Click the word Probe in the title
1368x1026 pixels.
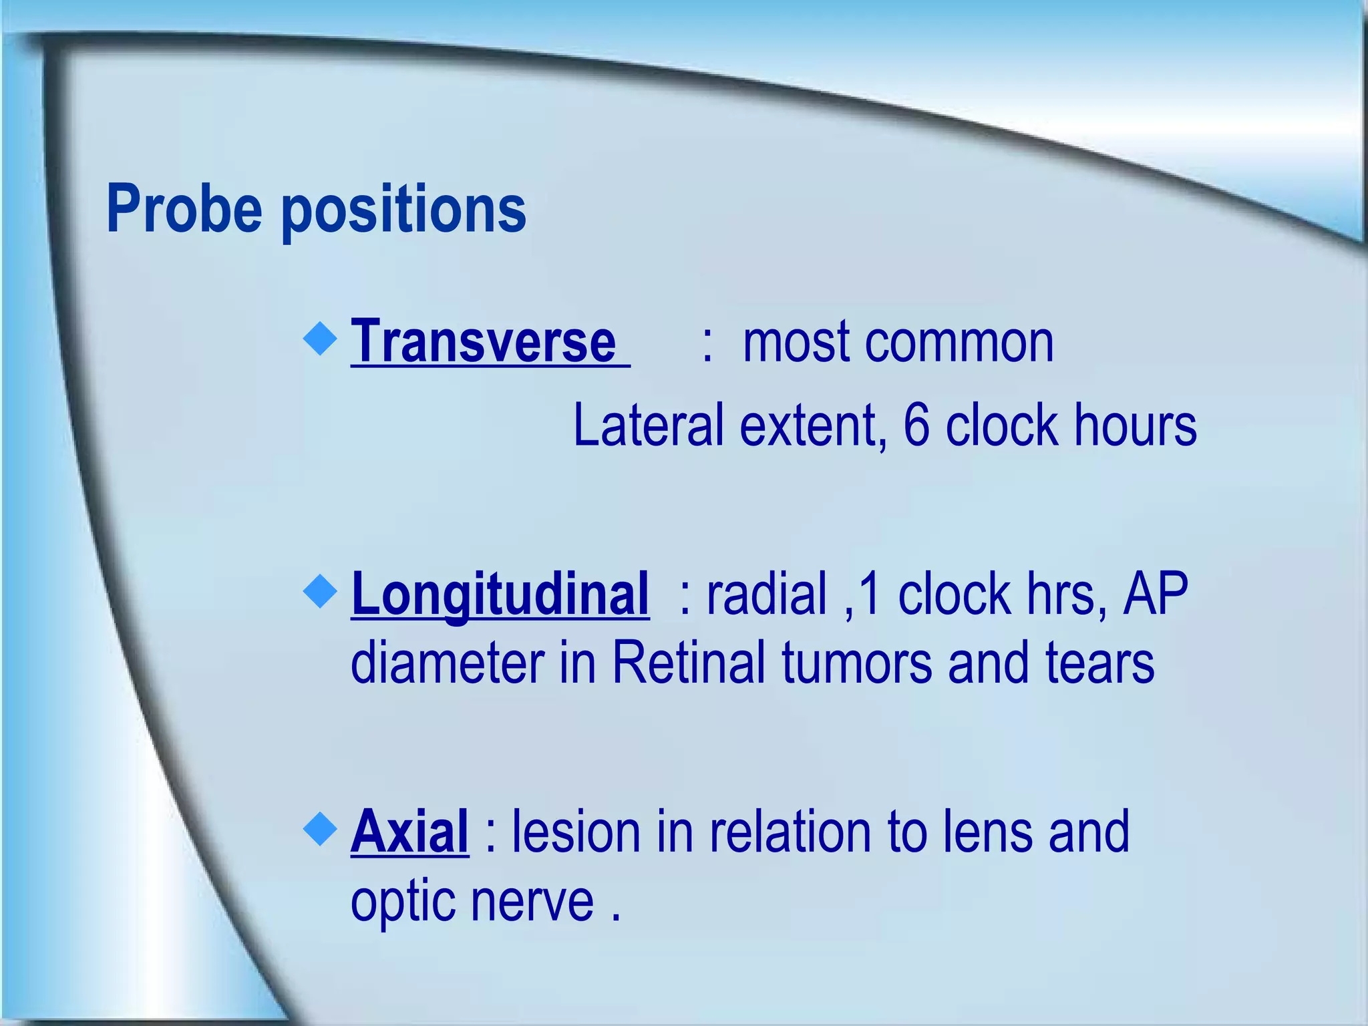click(x=184, y=209)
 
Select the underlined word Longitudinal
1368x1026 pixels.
click(x=500, y=594)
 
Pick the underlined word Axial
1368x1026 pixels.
click(x=409, y=832)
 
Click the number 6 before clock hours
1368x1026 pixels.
click(x=916, y=425)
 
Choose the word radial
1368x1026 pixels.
click(x=766, y=594)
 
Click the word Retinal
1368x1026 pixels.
click(x=688, y=663)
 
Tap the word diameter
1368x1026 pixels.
click(x=447, y=664)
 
